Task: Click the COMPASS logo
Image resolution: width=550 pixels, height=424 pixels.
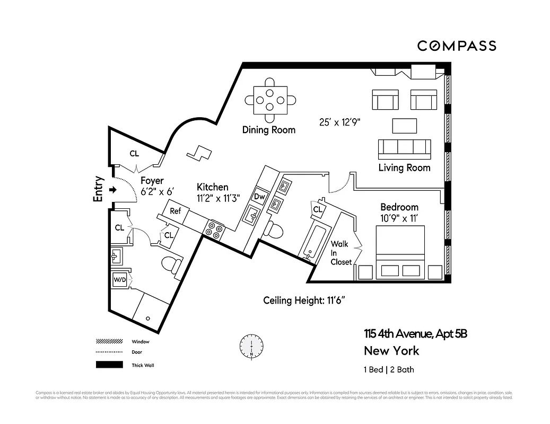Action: click(456, 46)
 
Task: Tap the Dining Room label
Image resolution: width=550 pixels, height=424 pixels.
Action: click(268, 130)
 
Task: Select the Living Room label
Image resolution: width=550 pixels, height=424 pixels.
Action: click(404, 168)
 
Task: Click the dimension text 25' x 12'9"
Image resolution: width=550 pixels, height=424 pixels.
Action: click(339, 122)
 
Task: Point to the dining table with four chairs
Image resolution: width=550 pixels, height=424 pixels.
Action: click(270, 98)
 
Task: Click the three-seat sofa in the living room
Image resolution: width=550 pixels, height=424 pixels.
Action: click(404, 149)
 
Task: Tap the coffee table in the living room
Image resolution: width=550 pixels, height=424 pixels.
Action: click(405, 126)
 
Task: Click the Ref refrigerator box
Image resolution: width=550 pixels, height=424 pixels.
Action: click(176, 211)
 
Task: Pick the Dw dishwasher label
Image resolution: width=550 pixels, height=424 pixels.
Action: click(259, 196)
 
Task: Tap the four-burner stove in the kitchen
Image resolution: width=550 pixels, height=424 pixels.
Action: click(214, 229)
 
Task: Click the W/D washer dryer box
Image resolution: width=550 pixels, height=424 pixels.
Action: click(119, 280)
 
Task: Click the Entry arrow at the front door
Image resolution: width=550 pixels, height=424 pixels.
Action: click(113, 189)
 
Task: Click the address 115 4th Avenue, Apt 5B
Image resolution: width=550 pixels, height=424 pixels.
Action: click(415, 334)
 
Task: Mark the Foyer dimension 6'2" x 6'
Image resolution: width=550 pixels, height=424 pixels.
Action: click(158, 191)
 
